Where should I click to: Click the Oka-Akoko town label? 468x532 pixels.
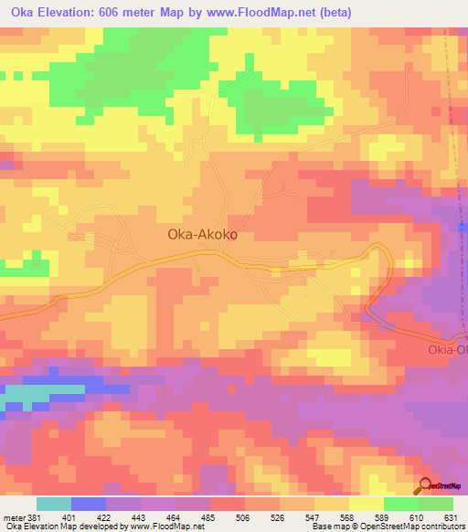click(x=203, y=234)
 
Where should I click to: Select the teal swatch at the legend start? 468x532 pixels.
click(x=54, y=504)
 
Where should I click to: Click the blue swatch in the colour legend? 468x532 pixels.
click(x=89, y=504)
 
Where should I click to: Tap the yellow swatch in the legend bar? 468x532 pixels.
click(x=367, y=504)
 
